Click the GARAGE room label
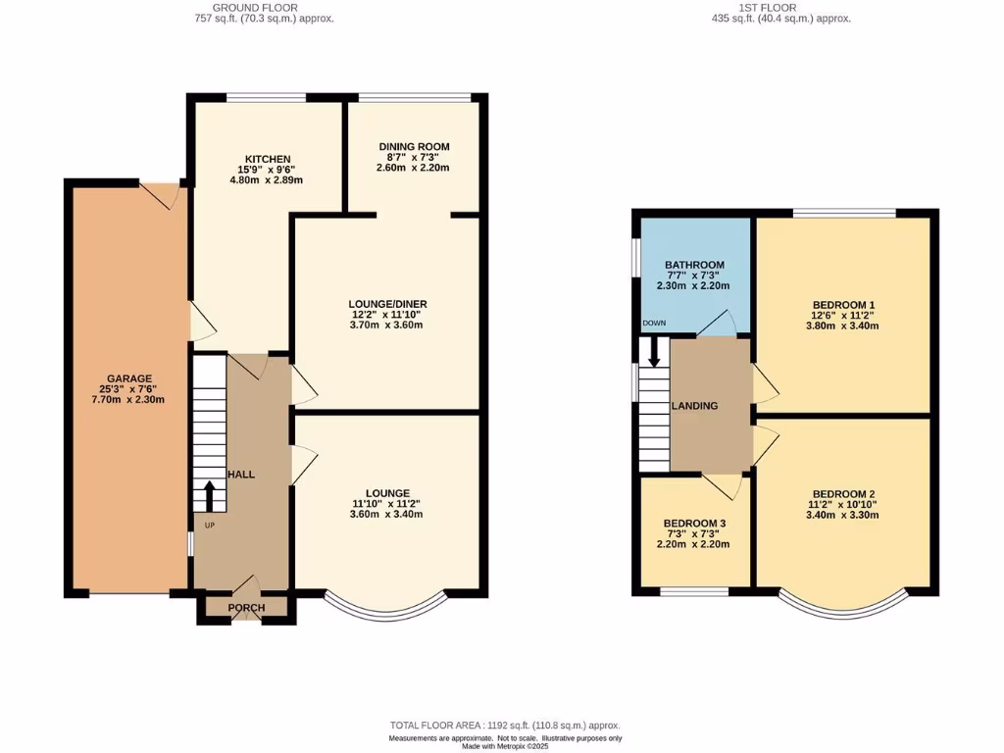pos(129,378)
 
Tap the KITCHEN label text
pos(267,159)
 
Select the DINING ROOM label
pos(414,147)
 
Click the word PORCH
pos(246,608)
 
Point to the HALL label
pos(241,475)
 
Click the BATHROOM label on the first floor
pos(694,265)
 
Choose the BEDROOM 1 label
pos(843,304)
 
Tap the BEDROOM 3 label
pos(695,524)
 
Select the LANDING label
pos(694,406)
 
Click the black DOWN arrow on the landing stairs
pos(654,353)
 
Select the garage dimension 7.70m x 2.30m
pos(129,399)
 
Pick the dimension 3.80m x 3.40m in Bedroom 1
pos(843,326)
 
